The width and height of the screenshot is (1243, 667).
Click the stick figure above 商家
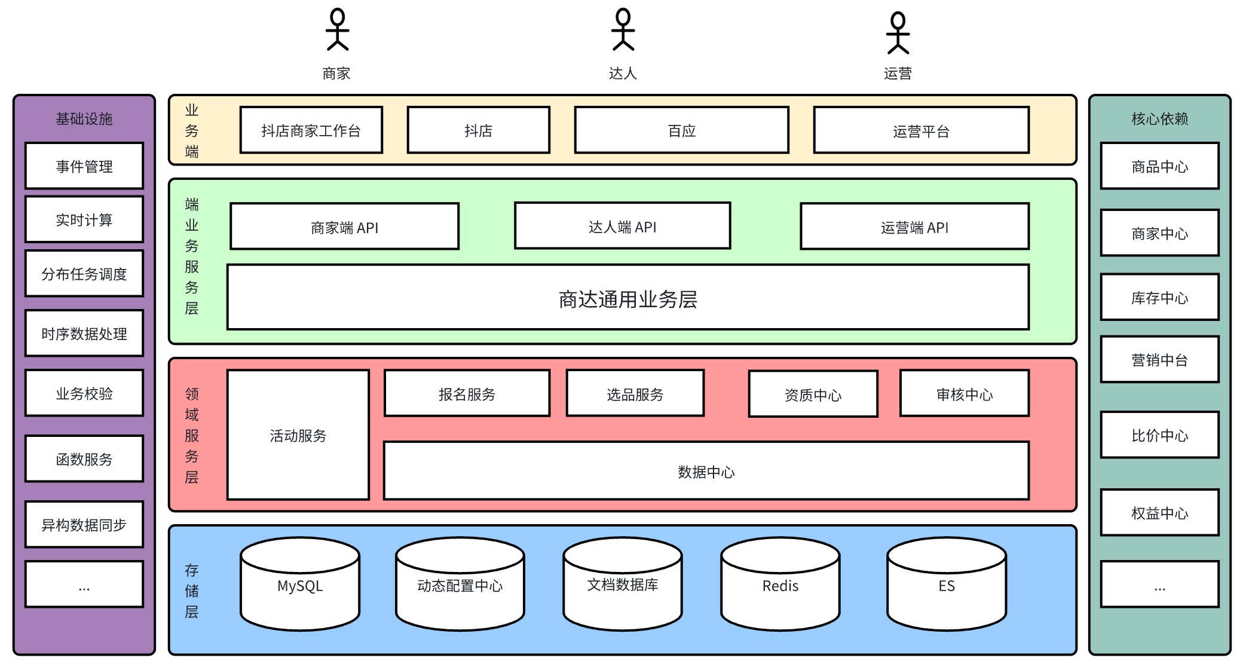337,29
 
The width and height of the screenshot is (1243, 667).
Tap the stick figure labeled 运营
898,33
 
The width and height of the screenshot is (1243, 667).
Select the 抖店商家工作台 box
311,130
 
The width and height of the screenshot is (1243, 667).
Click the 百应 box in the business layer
681,130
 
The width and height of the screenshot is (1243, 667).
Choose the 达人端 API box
622,226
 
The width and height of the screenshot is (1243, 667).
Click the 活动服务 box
298,435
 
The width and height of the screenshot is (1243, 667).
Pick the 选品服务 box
635,393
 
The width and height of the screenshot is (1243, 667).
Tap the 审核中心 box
964,393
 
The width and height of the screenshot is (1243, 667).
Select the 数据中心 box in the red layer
706,471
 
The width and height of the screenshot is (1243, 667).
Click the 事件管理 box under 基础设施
84,166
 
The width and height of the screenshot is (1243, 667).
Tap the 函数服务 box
84,458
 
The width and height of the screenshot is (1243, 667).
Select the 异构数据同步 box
84,524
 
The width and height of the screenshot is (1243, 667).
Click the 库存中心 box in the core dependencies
1159,297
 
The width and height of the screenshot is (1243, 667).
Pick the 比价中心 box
1159,435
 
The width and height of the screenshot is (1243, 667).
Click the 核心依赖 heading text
1159,118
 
